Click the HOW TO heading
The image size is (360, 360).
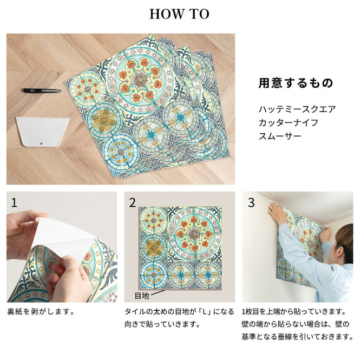click(x=179, y=14)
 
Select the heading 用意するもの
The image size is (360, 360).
click(x=295, y=83)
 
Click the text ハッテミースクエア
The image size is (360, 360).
click(x=297, y=109)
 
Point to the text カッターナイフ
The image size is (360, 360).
click(x=288, y=122)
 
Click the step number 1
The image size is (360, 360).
click(x=14, y=203)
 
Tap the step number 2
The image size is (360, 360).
click(x=132, y=203)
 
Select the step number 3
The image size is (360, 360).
click(x=251, y=203)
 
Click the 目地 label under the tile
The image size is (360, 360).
click(x=141, y=296)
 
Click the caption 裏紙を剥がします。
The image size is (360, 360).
click(x=41, y=312)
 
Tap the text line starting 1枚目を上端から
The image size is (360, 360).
click(x=294, y=312)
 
